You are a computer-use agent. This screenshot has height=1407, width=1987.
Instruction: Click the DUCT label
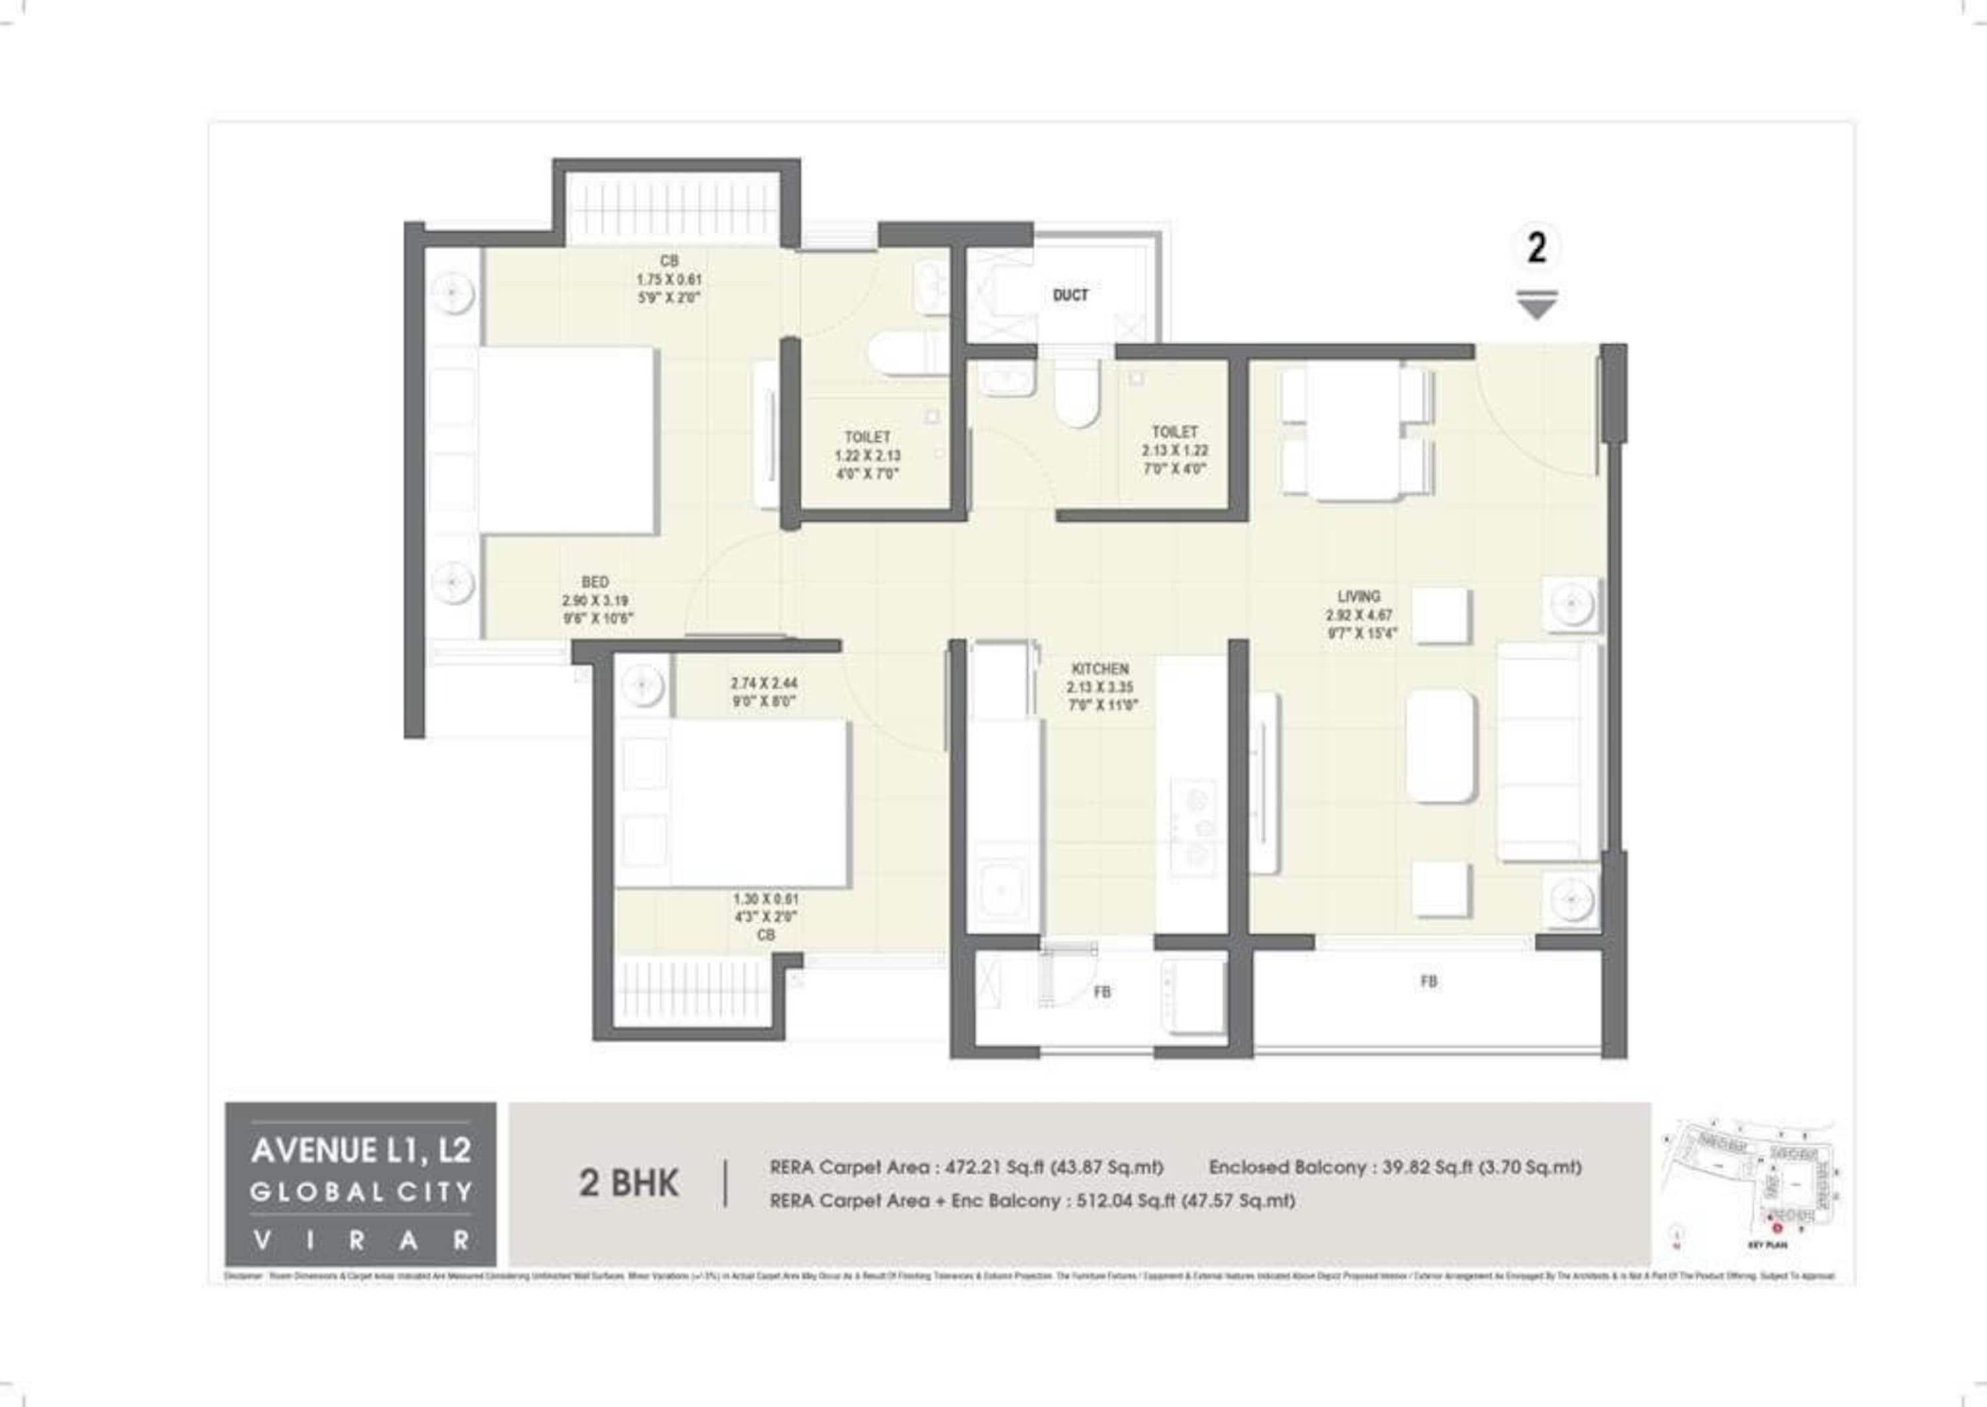coord(1070,295)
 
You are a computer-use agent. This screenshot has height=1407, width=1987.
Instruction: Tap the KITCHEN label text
coord(1100,669)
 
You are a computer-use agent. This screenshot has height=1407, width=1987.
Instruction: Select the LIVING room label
coord(1358,596)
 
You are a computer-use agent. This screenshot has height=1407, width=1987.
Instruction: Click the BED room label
coord(595,582)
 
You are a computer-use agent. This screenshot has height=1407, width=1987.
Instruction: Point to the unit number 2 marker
coord(1537,248)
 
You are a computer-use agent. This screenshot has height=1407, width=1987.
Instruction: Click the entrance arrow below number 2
coord(1537,305)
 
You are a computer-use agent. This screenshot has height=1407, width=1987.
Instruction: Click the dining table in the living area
coord(1356,431)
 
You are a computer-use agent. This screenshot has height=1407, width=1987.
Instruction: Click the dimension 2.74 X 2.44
coord(763,683)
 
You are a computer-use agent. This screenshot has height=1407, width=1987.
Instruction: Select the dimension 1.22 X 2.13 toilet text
coord(867,456)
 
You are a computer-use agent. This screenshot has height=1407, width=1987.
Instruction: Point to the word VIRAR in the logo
coord(361,1241)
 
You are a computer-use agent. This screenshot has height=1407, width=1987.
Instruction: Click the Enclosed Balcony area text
coord(1394,1167)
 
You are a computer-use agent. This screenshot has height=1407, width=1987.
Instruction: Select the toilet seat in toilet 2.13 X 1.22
coord(1077,394)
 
